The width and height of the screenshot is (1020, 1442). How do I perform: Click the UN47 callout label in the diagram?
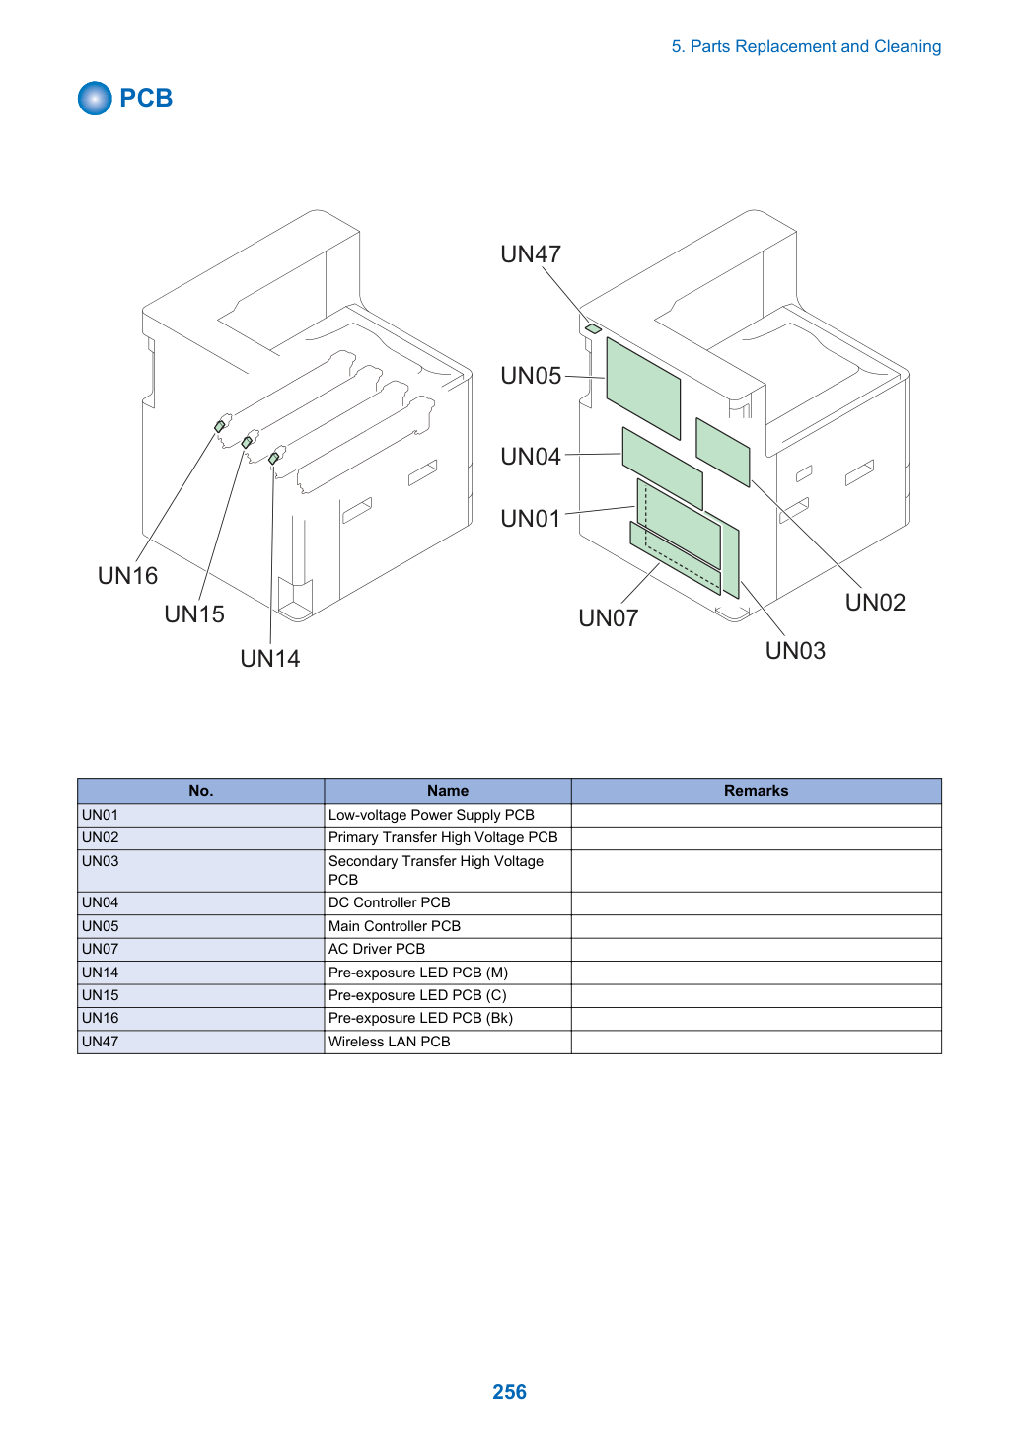point(531,254)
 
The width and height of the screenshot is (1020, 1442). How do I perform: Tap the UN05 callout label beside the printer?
point(531,376)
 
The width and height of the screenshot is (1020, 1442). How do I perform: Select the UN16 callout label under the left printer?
point(127,575)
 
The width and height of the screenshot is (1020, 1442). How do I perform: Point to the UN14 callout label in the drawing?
point(270,659)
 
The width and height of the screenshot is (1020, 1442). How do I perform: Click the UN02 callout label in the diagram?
point(875,603)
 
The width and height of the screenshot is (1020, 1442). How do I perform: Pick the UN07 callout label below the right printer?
point(609,618)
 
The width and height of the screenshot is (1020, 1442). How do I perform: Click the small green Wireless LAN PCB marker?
point(593,329)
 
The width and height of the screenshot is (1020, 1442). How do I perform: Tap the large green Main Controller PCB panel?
point(643,389)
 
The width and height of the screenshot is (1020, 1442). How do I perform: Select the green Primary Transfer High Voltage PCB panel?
point(723,452)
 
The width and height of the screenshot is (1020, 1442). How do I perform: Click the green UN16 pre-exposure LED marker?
point(220,426)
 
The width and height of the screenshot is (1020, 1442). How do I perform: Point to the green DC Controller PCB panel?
point(662,468)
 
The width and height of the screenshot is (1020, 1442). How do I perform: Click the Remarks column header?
point(756,790)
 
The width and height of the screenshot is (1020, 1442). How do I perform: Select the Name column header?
point(448,790)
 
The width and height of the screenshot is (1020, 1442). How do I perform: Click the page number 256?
point(509,1391)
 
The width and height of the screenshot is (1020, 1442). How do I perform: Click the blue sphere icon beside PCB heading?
point(95,98)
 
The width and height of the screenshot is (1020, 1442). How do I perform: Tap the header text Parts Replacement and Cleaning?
point(815,47)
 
